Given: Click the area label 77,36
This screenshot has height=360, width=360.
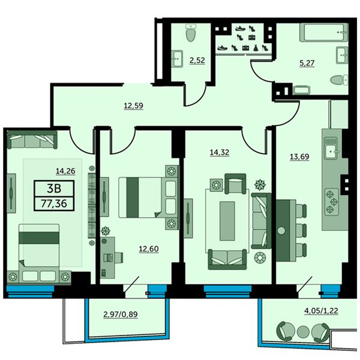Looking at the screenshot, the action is [x=54, y=203].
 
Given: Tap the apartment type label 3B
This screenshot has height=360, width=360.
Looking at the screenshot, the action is [x=54, y=188].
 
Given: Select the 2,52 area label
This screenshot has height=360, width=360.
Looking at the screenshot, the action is [x=197, y=61].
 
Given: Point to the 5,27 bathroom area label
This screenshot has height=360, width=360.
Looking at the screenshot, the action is [x=307, y=63].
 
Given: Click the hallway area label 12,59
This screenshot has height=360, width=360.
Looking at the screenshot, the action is [x=133, y=106].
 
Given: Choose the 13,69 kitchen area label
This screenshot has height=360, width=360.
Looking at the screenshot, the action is [x=299, y=157].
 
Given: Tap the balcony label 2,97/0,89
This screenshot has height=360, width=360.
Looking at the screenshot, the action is [x=121, y=314].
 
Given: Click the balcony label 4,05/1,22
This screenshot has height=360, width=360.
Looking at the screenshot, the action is [x=321, y=311].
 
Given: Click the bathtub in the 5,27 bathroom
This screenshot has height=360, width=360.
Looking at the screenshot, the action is [x=324, y=32].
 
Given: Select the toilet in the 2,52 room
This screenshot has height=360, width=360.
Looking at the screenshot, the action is [x=191, y=33].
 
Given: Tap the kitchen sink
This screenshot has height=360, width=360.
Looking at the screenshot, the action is [x=331, y=148].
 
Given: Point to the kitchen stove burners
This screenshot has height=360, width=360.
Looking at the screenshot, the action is [x=332, y=202].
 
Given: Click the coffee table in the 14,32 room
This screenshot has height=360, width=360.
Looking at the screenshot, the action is [x=227, y=221].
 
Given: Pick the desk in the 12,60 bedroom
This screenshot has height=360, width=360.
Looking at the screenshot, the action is [x=107, y=258].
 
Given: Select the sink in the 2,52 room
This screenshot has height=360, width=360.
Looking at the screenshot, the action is [x=177, y=59].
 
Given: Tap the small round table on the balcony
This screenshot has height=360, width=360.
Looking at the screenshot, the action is [x=303, y=331].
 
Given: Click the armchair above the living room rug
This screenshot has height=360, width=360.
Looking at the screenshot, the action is [x=235, y=184].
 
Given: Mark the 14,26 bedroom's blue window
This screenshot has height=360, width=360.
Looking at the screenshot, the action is [x=30, y=291].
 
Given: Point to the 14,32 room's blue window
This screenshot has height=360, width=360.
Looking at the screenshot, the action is [x=227, y=291].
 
